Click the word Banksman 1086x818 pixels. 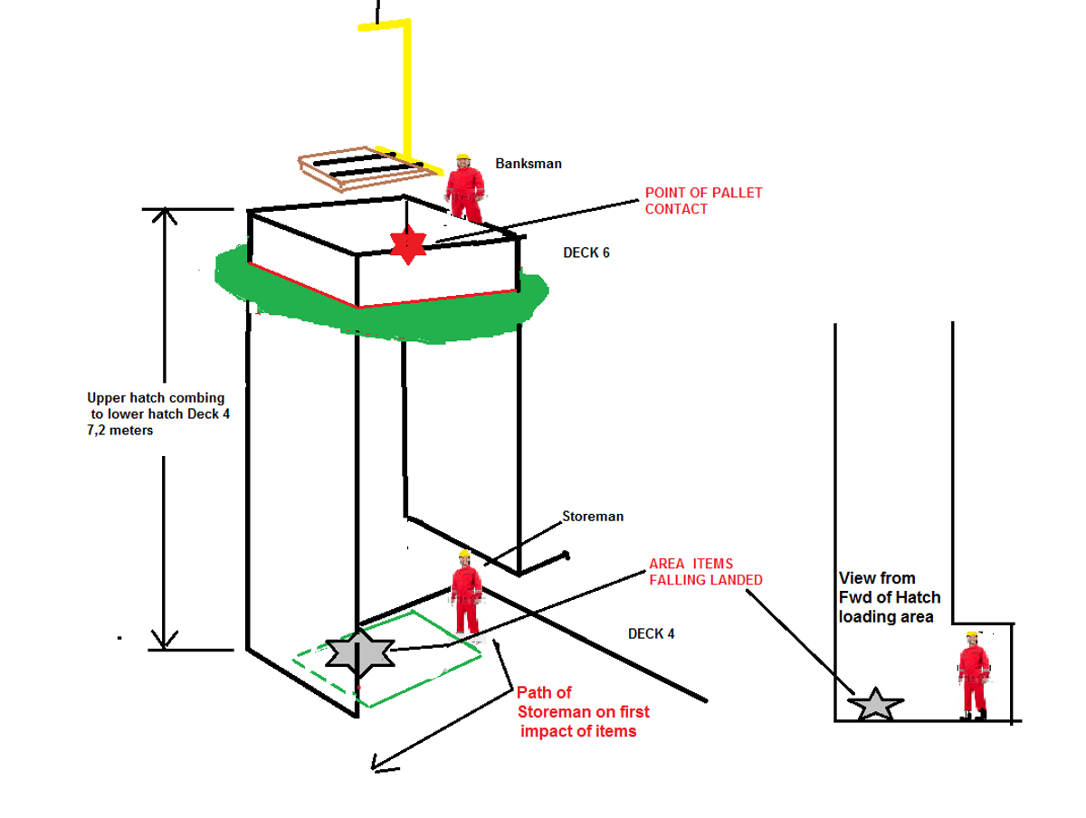[529, 164]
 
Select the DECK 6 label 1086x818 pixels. [586, 252]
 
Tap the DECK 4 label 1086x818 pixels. [652, 633]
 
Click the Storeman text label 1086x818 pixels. [593, 517]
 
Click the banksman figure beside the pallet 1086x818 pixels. [464, 189]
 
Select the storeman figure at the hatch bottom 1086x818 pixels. [466, 594]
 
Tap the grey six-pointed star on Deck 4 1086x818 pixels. [360, 652]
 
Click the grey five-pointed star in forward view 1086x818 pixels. [875, 704]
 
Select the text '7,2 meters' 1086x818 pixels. [120, 431]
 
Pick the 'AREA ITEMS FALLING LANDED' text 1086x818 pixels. [705, 572]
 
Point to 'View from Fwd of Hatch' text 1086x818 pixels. [889, 597]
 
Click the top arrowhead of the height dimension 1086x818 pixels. [163, 215]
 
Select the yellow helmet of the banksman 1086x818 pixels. [462, 158]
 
